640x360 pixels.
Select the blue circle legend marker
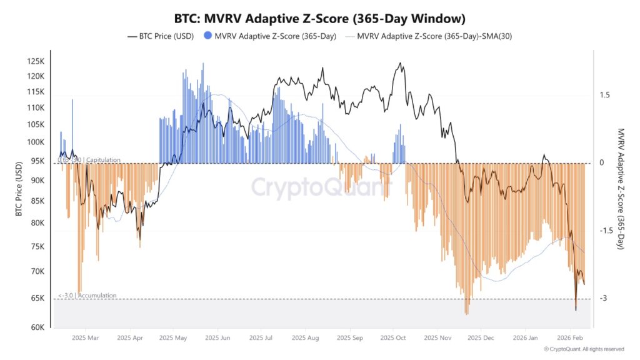point(207,36)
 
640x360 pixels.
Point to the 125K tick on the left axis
point(36,61)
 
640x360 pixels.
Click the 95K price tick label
point(37,161)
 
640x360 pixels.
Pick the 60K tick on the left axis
point(37,327)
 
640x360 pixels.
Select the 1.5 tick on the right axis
point(604,95)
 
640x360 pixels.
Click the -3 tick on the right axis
point(604,298)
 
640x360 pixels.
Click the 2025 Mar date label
point(85,338)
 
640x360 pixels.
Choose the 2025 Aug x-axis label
point(304,338)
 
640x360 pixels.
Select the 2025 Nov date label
point(437,338)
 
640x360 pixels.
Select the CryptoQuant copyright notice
point(584,349)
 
